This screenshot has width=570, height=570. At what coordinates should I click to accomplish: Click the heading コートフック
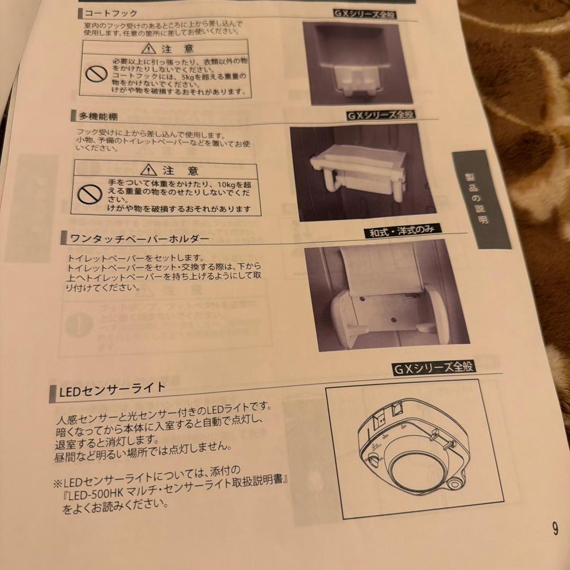tap(111, 14)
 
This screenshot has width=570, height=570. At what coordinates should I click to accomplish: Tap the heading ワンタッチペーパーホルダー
tap(139, 239)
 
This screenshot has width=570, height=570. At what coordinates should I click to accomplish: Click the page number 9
tap(555, 529)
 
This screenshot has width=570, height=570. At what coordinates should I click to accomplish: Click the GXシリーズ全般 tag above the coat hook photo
tap(365, 14)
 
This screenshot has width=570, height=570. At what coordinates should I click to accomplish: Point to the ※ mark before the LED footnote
tap(57, 483)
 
